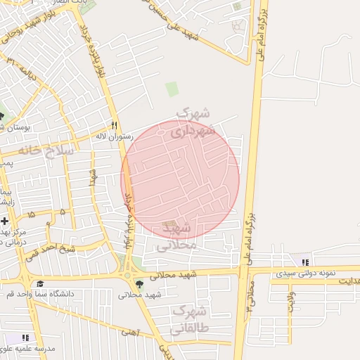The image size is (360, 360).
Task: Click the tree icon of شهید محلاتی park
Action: pyautogui.click(x=139, y=284)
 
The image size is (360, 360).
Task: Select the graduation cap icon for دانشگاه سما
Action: pyautogui.click(x=40, y=284)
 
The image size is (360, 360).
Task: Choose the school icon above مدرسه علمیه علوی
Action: pyautogui.click(x=26, y=338)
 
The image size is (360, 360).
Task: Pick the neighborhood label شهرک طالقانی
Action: pyautogui.click(x=189, y=319)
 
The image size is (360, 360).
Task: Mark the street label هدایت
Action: pyautogui.click(x=347, y=281)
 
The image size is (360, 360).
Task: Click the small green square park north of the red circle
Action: pyautogui.click(x=172, y=89)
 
